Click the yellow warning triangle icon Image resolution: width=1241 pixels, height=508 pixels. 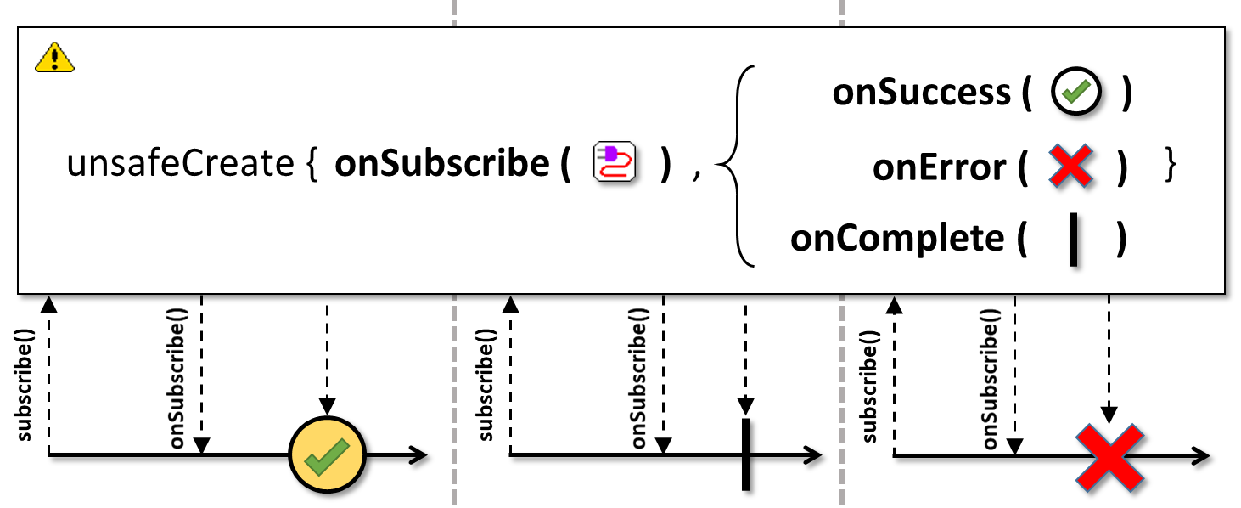point(54,57)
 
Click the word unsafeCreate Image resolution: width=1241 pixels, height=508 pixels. point(180,164)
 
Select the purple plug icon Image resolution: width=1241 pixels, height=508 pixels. point(615,162)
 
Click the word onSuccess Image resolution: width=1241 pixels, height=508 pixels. point(921,92)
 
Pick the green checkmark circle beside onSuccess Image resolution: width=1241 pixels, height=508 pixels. point(1076,91)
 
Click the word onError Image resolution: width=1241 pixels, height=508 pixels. point(939,167)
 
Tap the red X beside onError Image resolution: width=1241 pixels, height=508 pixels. point(1071,166)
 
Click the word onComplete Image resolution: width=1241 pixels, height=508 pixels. point(897,239)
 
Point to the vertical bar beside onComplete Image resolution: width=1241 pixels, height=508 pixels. point(1073,240)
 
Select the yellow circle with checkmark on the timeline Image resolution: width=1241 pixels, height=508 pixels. point(328,454)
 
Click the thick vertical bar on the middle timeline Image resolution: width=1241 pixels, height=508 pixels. point(746,454)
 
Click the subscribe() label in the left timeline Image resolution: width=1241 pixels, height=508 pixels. point(25,386)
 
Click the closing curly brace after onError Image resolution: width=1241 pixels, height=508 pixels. point(1170,164)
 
